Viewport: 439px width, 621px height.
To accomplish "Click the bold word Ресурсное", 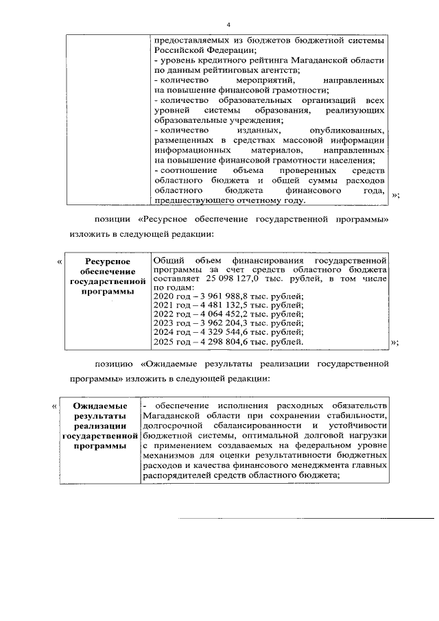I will (106, 261).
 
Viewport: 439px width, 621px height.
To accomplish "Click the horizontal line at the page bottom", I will (306, 518).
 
